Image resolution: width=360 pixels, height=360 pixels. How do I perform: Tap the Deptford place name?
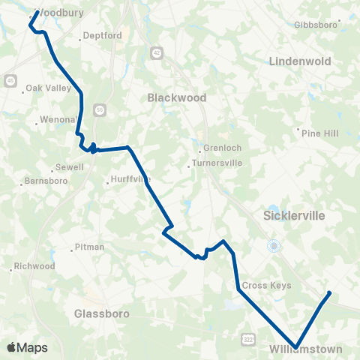pyautogui.click(x=102, y=35)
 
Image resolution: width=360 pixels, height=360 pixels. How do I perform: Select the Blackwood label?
pyautogui.click(x=176, y=97)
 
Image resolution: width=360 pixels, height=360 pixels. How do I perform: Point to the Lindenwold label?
pyautogui.click(x=301, y=59)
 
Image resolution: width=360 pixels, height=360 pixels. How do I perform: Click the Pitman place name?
pyautogui.click(x=90, y=247)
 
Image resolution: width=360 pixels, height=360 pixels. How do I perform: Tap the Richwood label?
pyautogui.click(x=34, y=266)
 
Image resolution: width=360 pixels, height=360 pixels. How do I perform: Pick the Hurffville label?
pyautogui.click(x=130, y=179)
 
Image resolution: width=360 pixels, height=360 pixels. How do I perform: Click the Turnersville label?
pyautogui.click(x=214, y=162)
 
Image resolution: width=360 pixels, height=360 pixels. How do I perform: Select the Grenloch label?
pyautogui.click(x=218, y=148)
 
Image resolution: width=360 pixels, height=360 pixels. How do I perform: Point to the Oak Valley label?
pyautogui.click(x=47, y=88)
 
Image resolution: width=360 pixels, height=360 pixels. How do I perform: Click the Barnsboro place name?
pyautogui.click(x=45, y=181)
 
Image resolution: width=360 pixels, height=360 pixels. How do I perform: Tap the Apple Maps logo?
pyautogui.click(x=27, y=347)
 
